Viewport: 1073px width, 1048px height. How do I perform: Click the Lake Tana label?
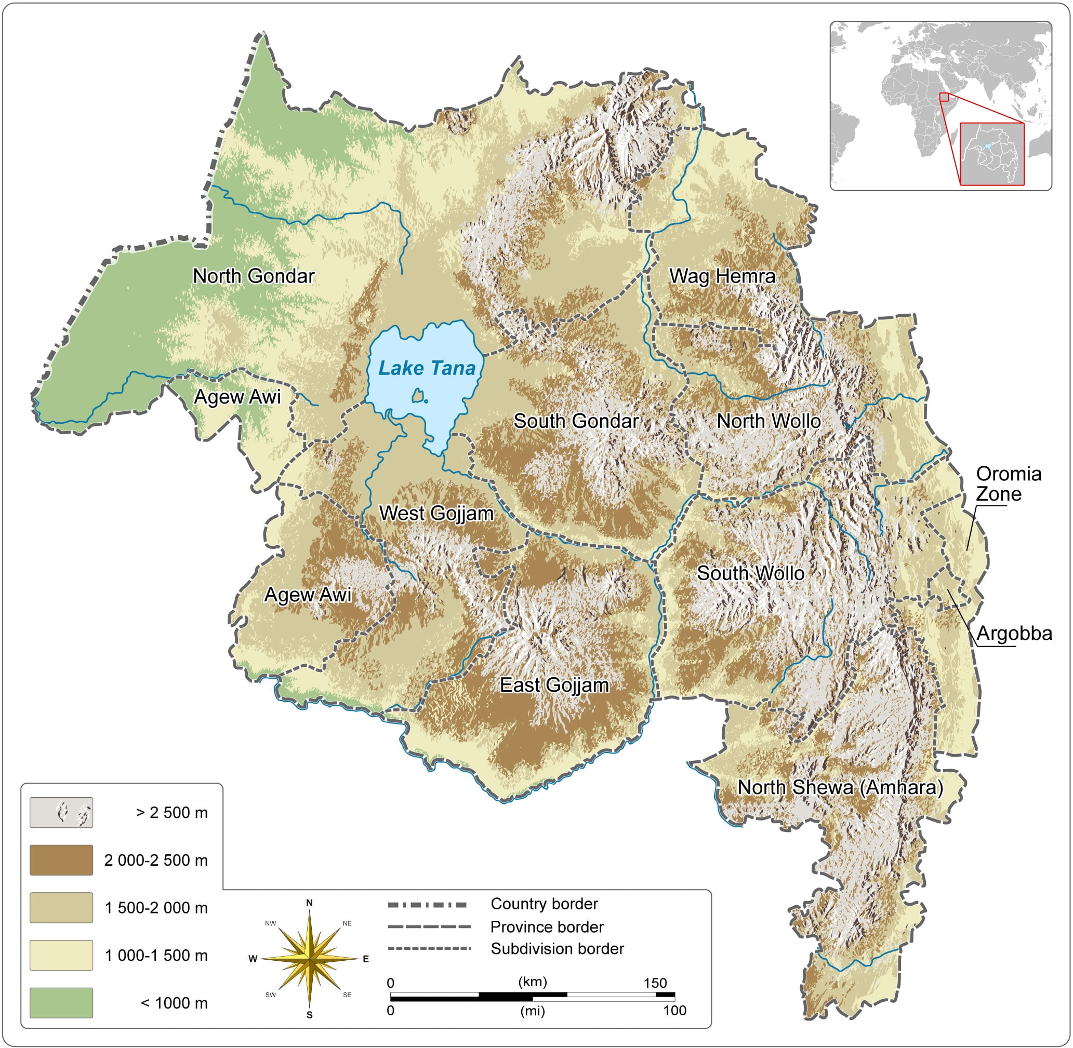(427, 368)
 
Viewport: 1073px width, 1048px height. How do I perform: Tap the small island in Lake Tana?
(418, 395)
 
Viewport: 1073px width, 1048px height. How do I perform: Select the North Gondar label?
(254, 276)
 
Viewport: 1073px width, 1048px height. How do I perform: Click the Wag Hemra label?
(722, 276)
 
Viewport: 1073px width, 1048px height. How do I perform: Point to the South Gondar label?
(576, 421)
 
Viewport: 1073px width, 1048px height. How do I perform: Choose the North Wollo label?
(769, 421)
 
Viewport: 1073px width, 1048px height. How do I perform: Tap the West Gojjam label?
(436, 513)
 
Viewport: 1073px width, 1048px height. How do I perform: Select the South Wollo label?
(750, 573)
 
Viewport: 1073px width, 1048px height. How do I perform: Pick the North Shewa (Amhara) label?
(840, 787)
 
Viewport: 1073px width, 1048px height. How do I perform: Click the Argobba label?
(1014, 634)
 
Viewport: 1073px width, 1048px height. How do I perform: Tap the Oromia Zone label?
(1008, 484)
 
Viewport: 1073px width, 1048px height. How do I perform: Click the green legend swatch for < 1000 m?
(61, 1002)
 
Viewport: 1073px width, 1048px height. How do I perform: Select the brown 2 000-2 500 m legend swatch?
(61, 860)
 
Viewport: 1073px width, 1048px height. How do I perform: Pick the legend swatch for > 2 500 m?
(61, 812)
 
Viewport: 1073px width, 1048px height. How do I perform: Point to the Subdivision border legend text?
(557, 949)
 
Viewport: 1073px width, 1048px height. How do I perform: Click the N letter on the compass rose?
(310, 903)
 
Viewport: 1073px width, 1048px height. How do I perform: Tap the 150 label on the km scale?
(655, 983)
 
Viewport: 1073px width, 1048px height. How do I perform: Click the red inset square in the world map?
(944, 98)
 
